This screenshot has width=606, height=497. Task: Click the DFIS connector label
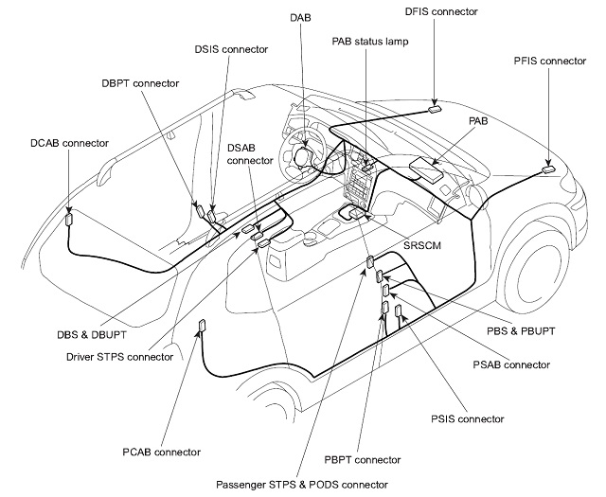[442, 12]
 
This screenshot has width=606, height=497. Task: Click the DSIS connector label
[231, 48]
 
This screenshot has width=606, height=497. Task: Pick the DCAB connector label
[69, 144]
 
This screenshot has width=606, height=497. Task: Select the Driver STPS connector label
[119, 357]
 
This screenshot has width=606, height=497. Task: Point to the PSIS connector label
[468, 417]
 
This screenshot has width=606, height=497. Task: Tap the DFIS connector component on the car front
[435, 108]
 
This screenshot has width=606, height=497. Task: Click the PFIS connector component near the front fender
[549, 169]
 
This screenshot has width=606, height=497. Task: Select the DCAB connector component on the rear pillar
[69, 220]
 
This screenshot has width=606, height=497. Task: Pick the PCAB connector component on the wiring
[201, 328]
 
